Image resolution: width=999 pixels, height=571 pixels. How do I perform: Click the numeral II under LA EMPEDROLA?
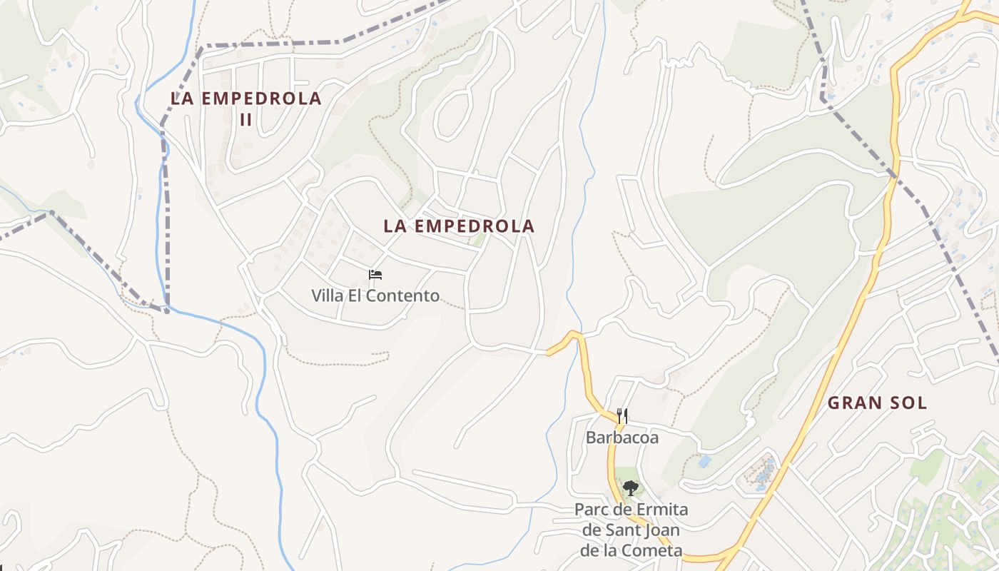[x=245, y=119]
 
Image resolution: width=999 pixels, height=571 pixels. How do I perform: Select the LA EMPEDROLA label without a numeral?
[x=459, y=226]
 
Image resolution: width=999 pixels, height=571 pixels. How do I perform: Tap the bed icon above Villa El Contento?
[x=375, y=275]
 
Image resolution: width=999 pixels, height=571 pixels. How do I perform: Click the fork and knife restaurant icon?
[x=622, y=416]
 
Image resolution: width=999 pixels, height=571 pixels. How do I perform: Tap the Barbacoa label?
[x=622, y=438]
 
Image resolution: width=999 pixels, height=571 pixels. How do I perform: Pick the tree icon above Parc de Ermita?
[x=630, y=489]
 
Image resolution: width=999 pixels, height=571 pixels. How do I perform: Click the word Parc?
[x=592, y=510]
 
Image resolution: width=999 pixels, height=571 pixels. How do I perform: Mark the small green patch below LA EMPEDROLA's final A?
[x=479, y=240]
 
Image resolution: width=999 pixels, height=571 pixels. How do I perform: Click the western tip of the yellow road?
[x=548, y=353]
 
